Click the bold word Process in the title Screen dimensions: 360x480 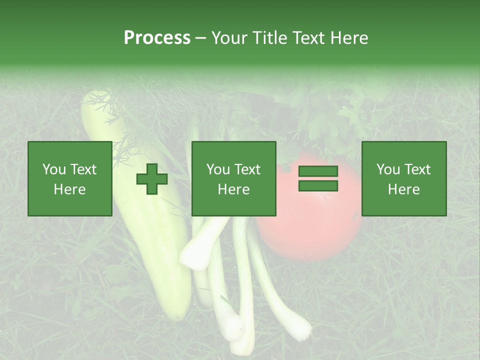click(157, 38)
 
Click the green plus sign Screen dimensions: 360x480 click(152, 179)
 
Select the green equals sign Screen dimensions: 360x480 click(318, 178)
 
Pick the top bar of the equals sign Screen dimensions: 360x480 click(318, 171)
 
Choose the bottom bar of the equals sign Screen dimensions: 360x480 click(318, 185)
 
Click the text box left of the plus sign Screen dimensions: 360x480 click(70, 178)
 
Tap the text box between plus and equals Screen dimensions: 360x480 click(233, 178)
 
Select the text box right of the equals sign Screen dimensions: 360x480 click(404, 178)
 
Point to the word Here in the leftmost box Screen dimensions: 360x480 click(69, 189)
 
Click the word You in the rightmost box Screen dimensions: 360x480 click(388, 169)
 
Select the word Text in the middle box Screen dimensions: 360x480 click(247, 169)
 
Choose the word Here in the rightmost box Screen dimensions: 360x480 click(403, 189)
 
